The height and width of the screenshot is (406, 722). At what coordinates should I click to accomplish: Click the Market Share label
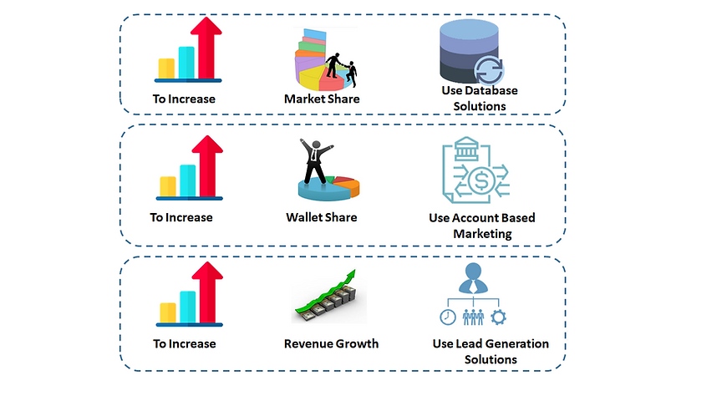[322, 99]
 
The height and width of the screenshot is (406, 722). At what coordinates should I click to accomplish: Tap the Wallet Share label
[322, 217]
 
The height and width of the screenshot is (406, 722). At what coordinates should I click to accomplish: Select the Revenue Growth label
[331, 344]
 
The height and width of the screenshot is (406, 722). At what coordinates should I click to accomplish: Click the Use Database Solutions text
[480, 98]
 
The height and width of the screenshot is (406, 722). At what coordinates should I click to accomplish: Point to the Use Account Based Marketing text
[482, 226]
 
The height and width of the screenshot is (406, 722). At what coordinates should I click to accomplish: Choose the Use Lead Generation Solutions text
[491, 351]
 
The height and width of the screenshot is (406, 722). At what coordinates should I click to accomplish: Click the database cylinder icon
[469, 51]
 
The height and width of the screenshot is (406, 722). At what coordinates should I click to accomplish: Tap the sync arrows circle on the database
[489, 70]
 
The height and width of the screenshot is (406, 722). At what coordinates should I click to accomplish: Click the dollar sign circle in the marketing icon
[481, 180]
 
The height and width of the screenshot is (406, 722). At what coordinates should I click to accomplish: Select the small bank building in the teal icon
[466, 148]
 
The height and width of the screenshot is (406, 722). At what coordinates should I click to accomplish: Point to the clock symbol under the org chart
[448, 317]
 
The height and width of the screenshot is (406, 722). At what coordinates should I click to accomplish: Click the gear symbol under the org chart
[498, 317]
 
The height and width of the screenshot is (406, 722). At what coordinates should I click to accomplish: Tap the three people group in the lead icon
[473, 317]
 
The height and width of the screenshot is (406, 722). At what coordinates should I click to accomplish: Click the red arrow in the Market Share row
[206, 48]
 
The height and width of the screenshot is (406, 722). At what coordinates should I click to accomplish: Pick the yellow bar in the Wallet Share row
[168, 186]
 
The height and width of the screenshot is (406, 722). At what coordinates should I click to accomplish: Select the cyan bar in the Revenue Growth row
[188, 307]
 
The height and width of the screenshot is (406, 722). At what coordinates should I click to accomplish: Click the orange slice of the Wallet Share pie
[350, 187]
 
